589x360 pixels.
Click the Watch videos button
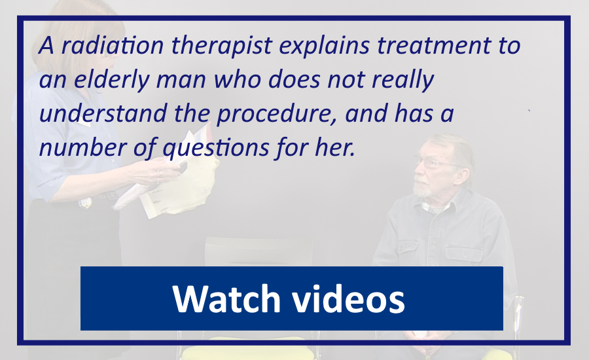[291, 298]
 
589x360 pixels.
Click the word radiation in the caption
[113, 45]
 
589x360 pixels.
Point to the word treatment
[434, 45]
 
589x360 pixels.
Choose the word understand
[103, 113]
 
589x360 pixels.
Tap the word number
[83, 147]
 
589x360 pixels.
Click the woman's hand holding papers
[158, 172]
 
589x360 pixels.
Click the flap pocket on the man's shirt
[463, 255]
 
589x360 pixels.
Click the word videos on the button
[349, 298]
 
